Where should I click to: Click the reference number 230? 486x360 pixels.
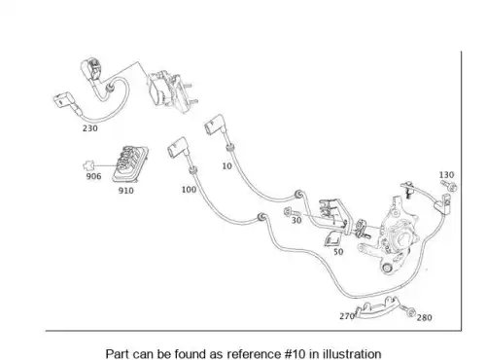point(90,128)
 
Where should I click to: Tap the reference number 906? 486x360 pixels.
point(93,176)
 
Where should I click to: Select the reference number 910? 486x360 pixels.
point(125,191)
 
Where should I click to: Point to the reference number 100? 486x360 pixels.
point(189,190)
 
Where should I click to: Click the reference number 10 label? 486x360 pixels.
point(226,166)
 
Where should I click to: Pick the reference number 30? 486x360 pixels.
point(296,220)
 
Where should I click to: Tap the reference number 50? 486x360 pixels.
point(338,252)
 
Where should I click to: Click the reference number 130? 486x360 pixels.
point(446,175)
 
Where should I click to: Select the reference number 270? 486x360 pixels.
point(347,316)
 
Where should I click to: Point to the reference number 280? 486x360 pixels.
point(425,317)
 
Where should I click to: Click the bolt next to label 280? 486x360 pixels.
point(408,311)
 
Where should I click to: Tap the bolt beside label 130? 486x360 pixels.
point(449,186)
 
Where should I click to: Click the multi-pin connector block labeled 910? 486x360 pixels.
point(130,164)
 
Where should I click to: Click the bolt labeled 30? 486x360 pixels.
point(292,212)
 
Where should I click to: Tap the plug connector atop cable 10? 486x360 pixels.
point(214,125)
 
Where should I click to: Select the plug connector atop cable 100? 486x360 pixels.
point(177,148)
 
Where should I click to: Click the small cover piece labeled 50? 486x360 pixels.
point(332,239)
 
